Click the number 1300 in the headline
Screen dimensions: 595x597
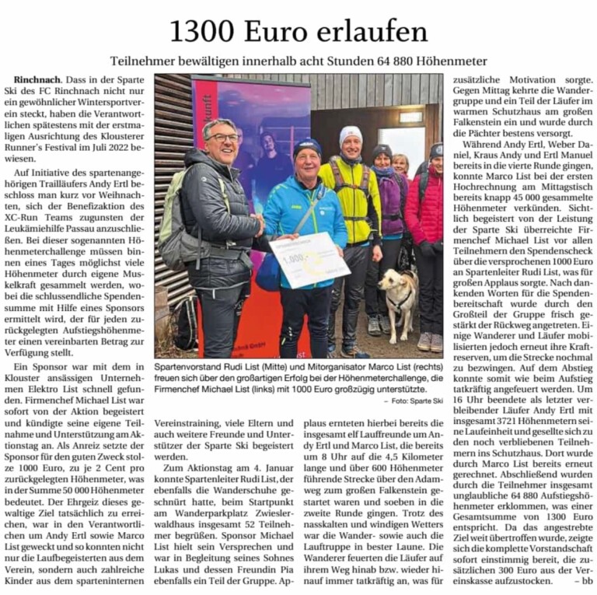click(203, 32)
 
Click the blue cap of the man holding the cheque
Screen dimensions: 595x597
click(308, 145)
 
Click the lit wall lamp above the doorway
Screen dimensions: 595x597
click(410, 117)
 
